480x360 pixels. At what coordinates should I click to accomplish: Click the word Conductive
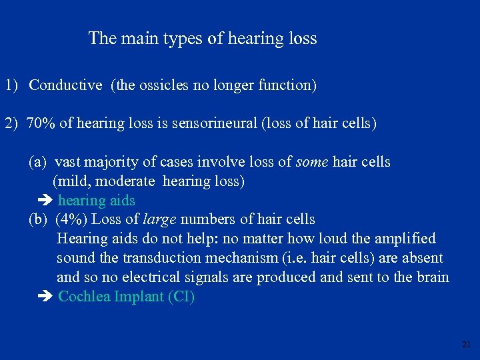point(65,85)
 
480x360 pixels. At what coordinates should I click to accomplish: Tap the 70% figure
point(41,124)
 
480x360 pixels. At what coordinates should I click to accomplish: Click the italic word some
point(312,162)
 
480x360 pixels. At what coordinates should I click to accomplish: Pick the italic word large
point(159,219)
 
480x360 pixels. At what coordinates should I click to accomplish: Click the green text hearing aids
point(97,201)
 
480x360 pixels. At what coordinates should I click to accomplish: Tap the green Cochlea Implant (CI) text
point(127,297)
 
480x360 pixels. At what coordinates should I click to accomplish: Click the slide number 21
point(465,345)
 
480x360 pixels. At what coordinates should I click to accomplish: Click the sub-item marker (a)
point(37,162)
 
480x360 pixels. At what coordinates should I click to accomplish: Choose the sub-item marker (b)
point(38,219)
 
